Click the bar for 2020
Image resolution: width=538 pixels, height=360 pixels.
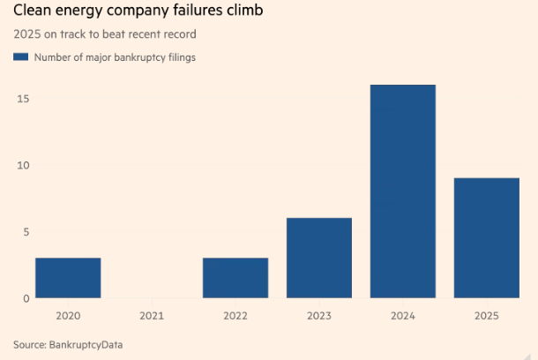(x=68, y=278)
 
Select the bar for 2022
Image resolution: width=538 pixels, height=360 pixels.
(x=235, y=278)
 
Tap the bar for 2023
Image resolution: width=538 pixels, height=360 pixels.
(x=319, y=258)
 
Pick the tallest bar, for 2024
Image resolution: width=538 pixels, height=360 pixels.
(x=402, y=191)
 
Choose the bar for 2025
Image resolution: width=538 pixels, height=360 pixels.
(x=486, y=238)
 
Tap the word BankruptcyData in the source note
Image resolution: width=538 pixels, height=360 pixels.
(x=87, y=344)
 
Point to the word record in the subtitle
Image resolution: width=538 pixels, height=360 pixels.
(x=179, y=35)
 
